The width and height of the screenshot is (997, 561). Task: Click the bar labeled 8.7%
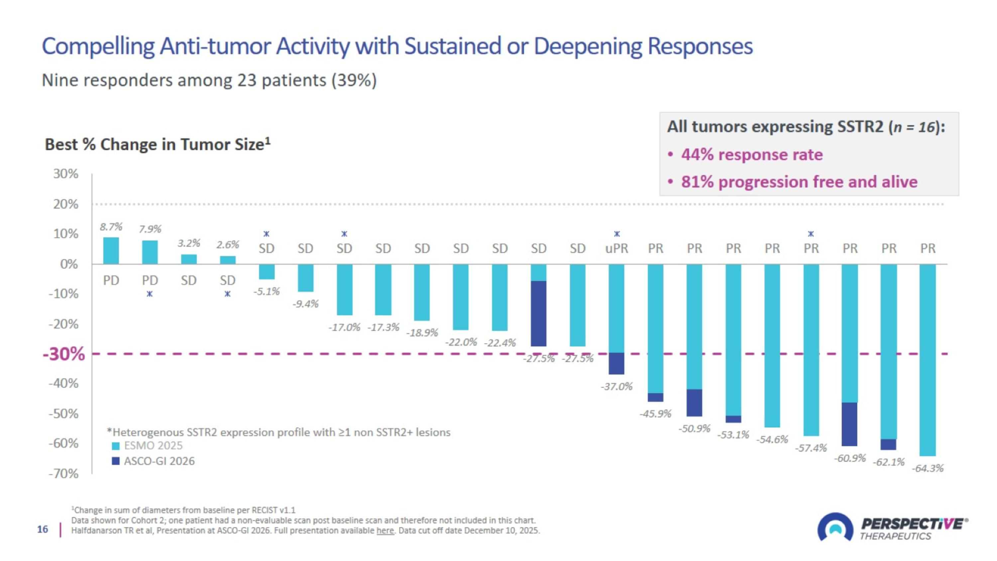coord(111,250)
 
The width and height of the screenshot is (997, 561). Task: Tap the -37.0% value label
coord(616,386)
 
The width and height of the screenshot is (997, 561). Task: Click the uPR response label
coord(616,248)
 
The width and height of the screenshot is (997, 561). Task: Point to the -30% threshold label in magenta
coord(64,354)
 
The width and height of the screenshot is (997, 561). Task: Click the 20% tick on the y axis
coord(66,204)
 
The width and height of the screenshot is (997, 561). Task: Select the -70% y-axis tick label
coord(63,474)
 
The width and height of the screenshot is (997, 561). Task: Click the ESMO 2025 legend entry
coord(147,446)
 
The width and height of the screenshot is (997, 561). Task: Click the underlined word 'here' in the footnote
coord(385,530)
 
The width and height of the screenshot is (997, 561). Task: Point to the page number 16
coord(43,529)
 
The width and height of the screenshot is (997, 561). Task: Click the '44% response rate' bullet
coord(751,155)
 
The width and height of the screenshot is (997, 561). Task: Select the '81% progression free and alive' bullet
coord(799,182)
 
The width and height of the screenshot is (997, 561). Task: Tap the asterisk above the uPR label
coord(617,234)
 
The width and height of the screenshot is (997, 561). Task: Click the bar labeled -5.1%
coord(267,271)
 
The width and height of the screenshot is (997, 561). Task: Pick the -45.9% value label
coord(655,413)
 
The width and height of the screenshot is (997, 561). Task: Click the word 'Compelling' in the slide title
coord(98,46)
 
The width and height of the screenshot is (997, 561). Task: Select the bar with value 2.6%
coord(228,260)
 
